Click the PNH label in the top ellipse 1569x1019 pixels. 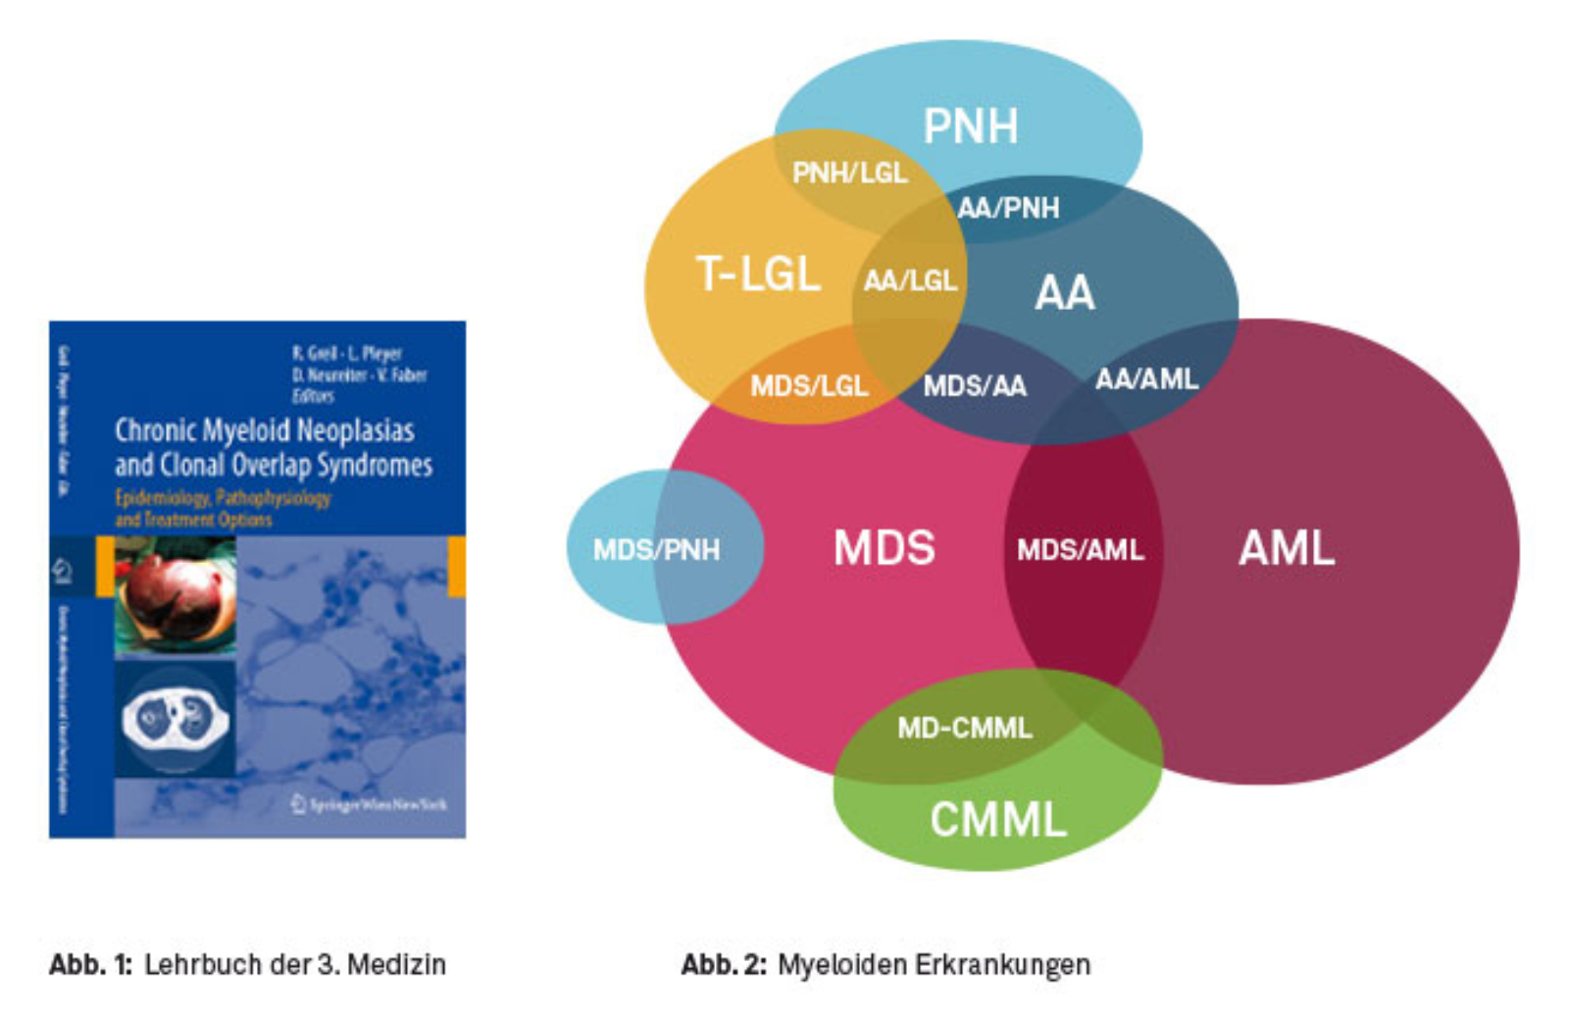coord(970,127)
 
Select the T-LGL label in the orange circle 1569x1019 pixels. coord(758,274)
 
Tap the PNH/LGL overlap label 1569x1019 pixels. coord(849,174)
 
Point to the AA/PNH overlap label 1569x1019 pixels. coord(1008,208)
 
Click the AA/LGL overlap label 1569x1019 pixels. coord(910,281)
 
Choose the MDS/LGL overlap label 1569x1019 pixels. coord(809,385)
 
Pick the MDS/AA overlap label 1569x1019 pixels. coord(975,385)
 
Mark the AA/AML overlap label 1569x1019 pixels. coord(1146,379)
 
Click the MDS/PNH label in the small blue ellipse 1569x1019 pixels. coord(656,549)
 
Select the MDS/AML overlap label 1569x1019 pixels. coord(1080,550)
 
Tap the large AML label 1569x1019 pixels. coord(1287,548)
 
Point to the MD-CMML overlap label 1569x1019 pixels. coord(965,728)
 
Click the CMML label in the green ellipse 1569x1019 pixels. coord(997,820)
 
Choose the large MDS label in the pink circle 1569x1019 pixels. coord(884,548)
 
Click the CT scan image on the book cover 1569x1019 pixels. coord(175,719)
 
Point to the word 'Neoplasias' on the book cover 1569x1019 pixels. coord(355,431)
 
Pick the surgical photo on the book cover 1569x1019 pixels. coord(176,595)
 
